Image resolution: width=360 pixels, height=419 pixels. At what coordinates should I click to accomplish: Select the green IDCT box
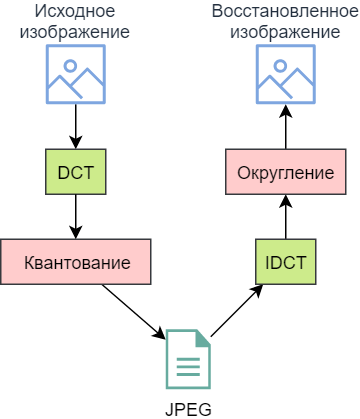(x=285, y=263)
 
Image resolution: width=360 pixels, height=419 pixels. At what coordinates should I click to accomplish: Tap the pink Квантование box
(x=76, y=262)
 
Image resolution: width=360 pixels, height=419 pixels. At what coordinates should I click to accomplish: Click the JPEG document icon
(x=186, y=359)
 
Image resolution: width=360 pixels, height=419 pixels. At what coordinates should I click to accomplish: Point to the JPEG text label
(x=186, y=408)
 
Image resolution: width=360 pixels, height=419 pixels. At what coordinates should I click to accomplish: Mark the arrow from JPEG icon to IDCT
(x=237, y=309)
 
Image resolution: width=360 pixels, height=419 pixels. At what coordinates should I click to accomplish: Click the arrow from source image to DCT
(x=76, y=125)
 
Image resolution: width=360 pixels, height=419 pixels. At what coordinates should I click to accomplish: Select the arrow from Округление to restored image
(x=285, y=128)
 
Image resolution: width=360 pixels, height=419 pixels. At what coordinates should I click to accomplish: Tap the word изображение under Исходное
(x=76, y=32)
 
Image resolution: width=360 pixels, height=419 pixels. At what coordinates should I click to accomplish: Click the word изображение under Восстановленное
(x=285, y=32)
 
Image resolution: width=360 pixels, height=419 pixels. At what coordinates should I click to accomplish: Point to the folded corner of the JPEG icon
(x=202, y=338)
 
